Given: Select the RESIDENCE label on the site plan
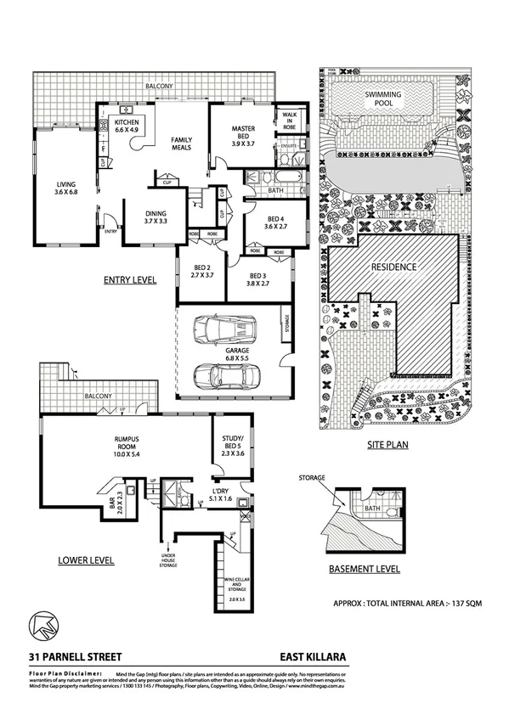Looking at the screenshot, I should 394,267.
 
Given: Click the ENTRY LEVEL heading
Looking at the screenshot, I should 129,279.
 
